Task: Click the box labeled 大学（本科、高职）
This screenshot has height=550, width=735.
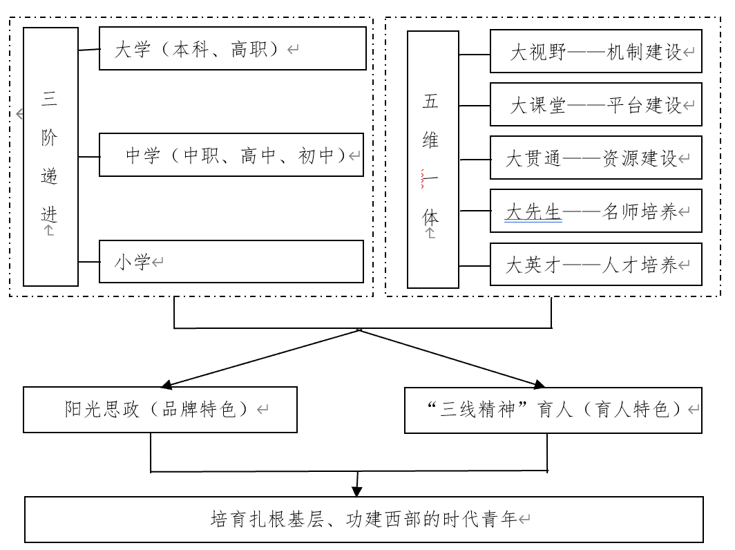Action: click(x=232, y=48)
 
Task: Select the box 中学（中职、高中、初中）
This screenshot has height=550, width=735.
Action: click(x=231, y=155)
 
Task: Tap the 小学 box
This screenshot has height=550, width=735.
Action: click(x=231, y=261)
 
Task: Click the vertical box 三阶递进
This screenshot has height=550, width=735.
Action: click(x=50, y=156)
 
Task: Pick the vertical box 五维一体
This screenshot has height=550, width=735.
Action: click(x=432, y=159)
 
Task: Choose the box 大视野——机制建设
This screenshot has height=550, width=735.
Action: click(x=595, y=51)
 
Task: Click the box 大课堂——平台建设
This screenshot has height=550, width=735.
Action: click(x=595, y=104)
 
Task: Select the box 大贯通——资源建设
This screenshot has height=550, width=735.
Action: click(x=595, y=158)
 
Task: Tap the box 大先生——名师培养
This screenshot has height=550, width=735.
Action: click(x=595, y=211)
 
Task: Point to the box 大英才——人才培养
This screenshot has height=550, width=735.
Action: click(x=595, y=264)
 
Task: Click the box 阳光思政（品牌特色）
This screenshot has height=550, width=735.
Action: click(x=160, y=410)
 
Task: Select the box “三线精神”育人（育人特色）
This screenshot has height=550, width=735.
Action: click(x=553, y=410)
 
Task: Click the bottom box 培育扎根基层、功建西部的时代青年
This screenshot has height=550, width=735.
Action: click(x=363, y=519)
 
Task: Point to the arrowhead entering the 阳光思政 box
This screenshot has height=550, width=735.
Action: click(x=166, y=383)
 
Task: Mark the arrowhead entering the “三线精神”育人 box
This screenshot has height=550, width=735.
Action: click(x=538, y=383)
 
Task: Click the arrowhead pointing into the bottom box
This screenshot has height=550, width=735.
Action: click(x=356, y=491)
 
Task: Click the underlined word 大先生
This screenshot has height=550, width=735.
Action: click(x=533, y=212)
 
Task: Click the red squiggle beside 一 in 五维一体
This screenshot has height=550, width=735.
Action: click(x=423, y=179)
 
